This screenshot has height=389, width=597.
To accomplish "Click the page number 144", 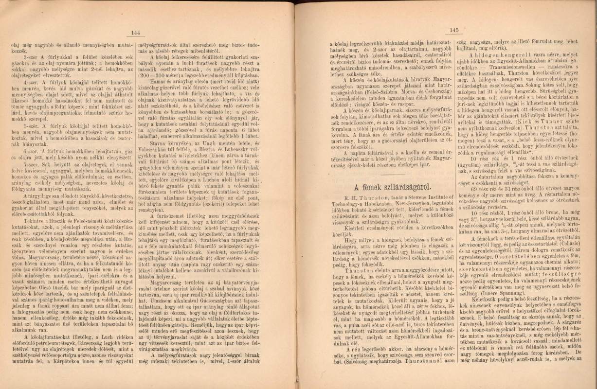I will [x=136, y=33].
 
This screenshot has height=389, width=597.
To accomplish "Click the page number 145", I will [x=455, y=31].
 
